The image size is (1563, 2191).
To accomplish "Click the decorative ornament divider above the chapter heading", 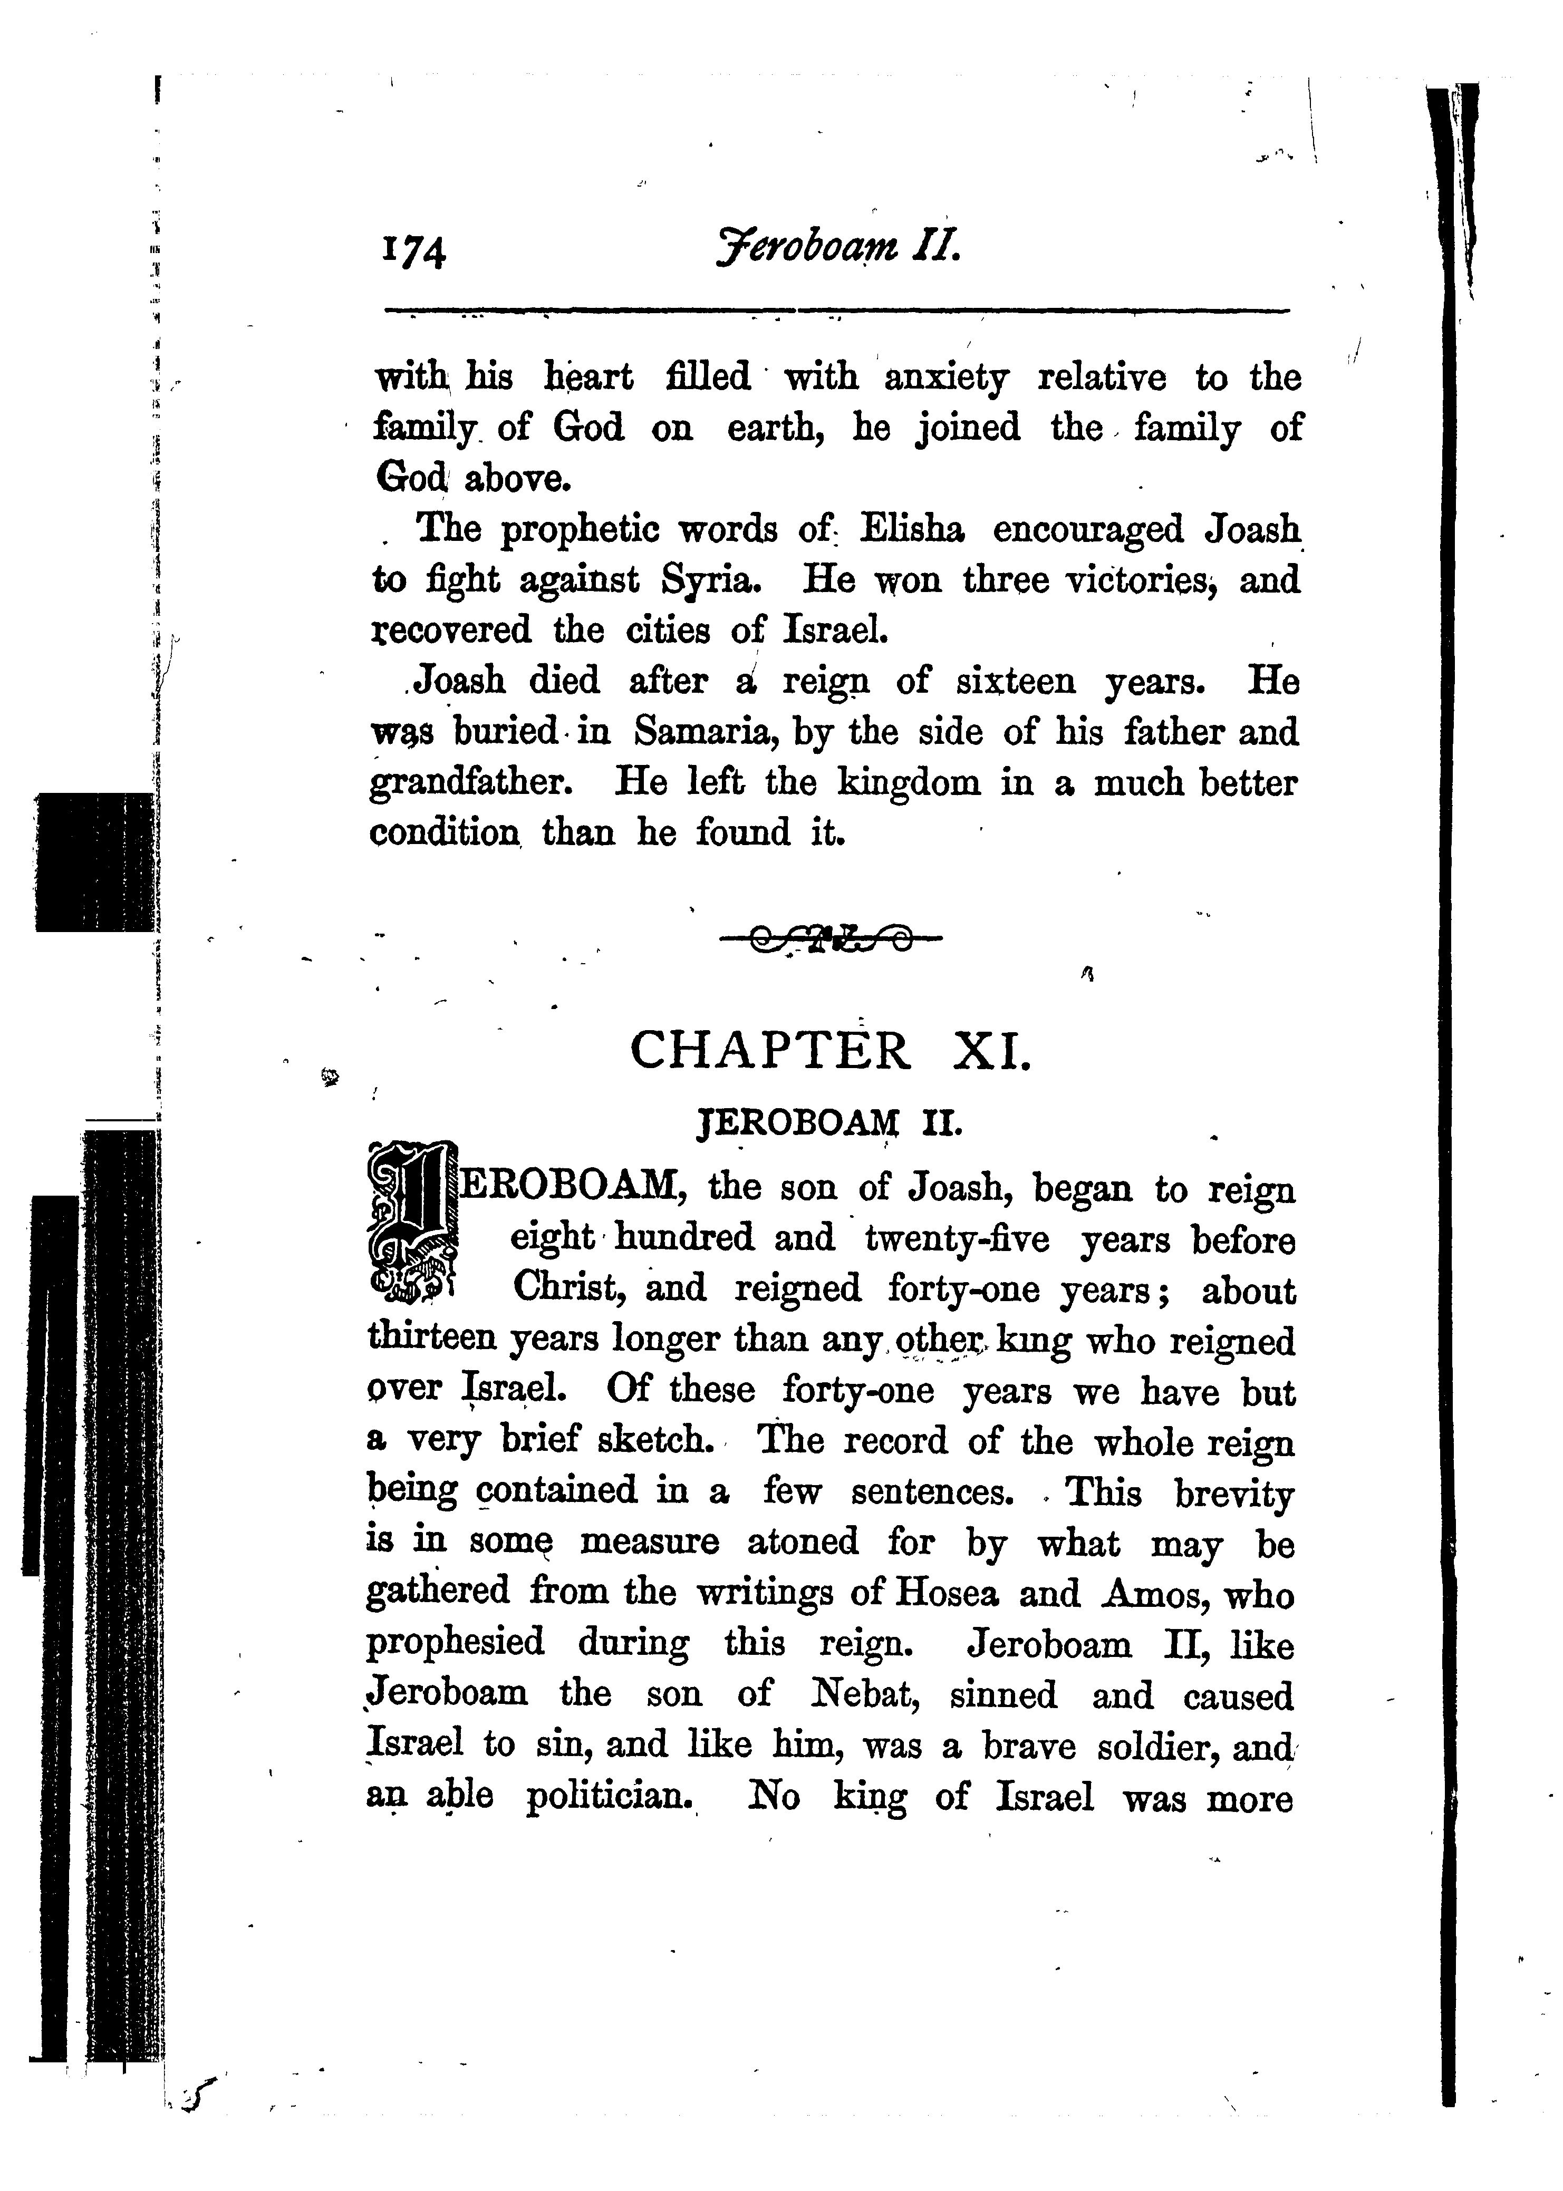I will (831, 933).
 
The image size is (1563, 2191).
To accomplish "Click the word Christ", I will (568, 1288).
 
